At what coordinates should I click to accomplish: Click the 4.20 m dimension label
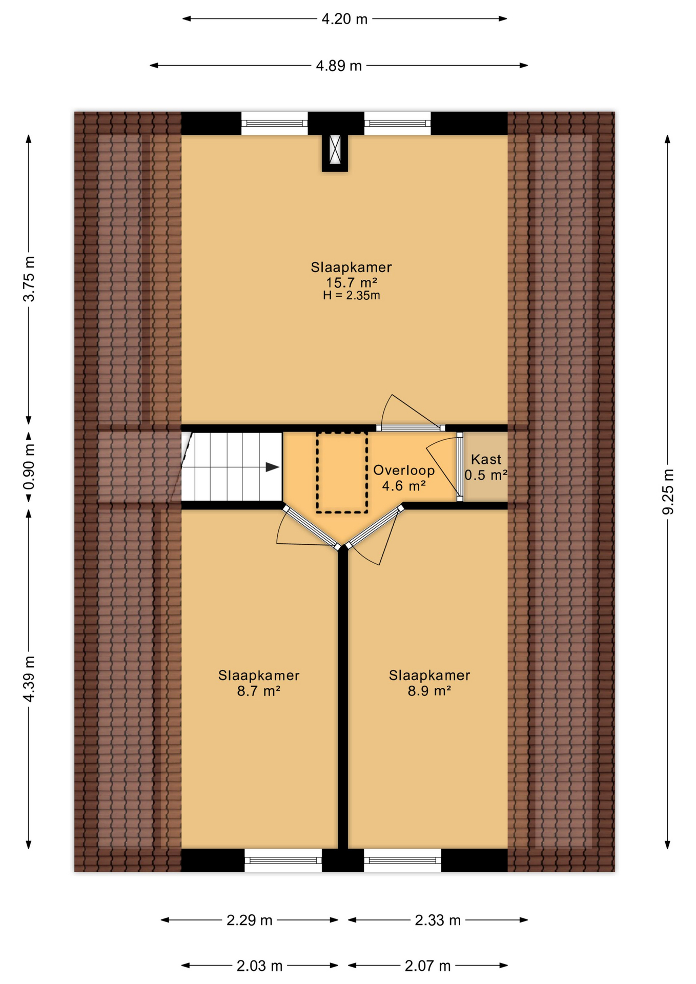coord(344,19)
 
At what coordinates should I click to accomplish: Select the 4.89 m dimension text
coord(338,66)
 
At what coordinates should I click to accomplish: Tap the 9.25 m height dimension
coord(667,490)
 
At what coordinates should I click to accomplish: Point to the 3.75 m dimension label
coord(29,279)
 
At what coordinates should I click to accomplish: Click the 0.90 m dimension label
coord(29,466)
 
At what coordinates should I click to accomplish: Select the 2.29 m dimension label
coord(249,920)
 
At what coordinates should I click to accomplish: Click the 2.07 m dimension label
coord(427,966)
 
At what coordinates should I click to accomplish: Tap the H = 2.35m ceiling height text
coord(351,295)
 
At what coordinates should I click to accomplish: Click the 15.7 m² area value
coord(351,282)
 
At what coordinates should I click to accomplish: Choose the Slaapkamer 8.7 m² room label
coord(258,683)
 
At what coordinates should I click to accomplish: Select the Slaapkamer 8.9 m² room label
coord(429,683)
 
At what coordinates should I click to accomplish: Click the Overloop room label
coord(403,470)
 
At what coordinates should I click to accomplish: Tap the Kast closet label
coord(485,459)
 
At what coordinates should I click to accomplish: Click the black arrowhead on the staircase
coord(272,467)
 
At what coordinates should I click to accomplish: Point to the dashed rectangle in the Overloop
coord(342,472)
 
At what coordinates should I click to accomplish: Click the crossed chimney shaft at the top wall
coord(335,150)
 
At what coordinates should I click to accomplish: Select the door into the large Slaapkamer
coord(411,427)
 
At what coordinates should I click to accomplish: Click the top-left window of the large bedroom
coord(274,123)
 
